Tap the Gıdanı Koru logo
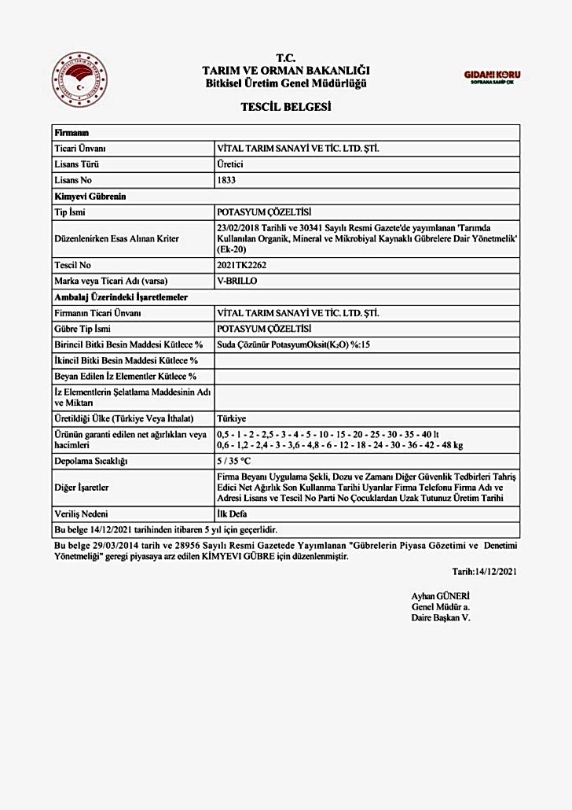tap(492, 77)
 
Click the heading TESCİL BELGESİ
tap(285, 107)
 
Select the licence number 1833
tap(225, 180)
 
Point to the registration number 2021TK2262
tap(240, 266)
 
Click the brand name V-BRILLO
tap(236, 281)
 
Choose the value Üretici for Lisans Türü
tap(230, 164)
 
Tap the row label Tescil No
tap(72, 266)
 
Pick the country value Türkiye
tap(231, 418)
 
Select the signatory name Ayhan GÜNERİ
tap(440, 596)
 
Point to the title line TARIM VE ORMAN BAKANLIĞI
tap(285, 71)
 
